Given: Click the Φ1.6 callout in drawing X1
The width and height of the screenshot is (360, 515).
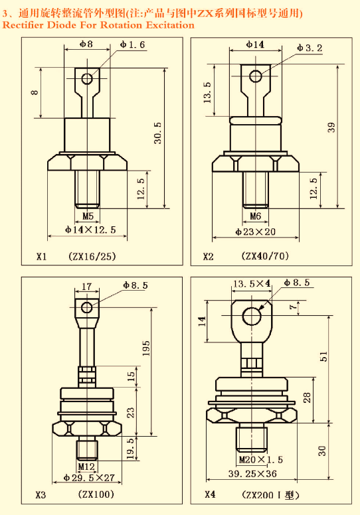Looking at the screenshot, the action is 132,44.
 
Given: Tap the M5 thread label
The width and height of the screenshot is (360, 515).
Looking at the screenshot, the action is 88,216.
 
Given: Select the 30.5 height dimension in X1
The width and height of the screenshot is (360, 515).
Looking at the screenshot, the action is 158,133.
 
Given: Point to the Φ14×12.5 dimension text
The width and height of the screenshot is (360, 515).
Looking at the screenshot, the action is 90,230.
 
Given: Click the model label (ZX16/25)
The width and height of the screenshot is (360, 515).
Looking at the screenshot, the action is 92,256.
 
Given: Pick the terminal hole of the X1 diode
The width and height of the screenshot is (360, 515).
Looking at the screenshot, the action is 88,78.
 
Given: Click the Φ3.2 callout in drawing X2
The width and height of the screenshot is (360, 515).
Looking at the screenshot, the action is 310,48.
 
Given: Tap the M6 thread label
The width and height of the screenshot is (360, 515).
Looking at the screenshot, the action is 256,216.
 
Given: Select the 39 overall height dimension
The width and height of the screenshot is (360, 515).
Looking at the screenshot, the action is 331,127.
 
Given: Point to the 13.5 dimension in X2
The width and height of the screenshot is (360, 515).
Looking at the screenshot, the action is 207,93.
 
